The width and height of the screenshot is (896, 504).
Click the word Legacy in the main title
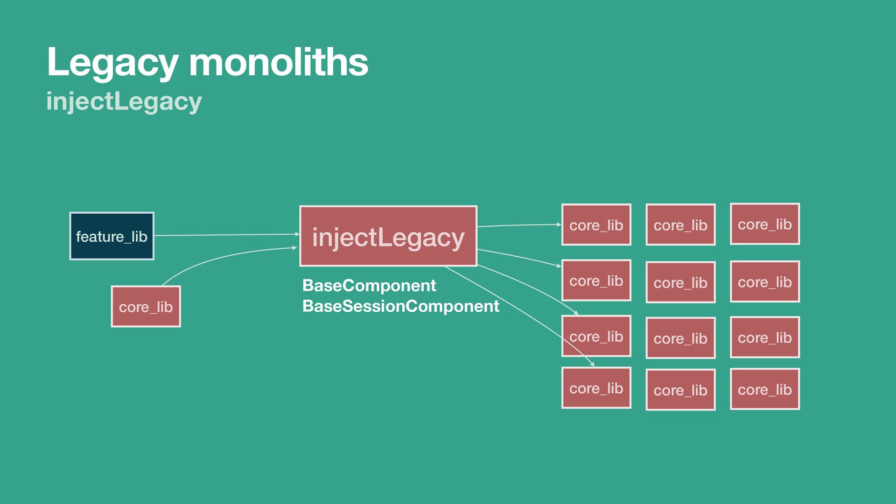[112, 63]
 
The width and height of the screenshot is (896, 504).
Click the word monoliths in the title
[279, 63]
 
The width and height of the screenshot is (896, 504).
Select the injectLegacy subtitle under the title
[124, 101]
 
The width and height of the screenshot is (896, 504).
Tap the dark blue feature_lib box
[112, 236]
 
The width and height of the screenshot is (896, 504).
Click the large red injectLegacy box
[388, 236]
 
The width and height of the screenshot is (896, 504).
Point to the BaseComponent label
[369, 285]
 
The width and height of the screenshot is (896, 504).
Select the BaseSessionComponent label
[400, 306]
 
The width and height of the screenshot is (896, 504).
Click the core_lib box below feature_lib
[146, 307]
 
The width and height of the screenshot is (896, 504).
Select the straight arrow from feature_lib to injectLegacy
[224, 235]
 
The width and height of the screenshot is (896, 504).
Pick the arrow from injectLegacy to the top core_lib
[518, 225]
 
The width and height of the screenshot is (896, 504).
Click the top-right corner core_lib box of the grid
[764, 224]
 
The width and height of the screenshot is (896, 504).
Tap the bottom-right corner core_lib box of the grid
[764, 389]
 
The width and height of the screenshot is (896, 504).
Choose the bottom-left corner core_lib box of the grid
[596, 388]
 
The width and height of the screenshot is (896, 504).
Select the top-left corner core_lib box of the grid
[596, 225]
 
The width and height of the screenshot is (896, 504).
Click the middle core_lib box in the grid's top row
[680, 225]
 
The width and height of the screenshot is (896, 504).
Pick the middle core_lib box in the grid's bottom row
[680, 390]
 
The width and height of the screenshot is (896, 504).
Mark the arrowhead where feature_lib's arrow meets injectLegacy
[297, 234]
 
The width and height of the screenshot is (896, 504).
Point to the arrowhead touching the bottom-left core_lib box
[592, 364]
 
